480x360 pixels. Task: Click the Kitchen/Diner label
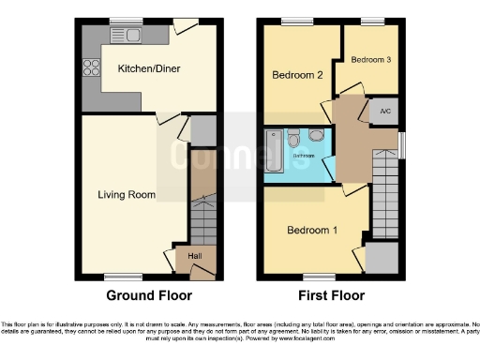click(x=148, y=68)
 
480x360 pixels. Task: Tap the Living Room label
click(x=127, y=195)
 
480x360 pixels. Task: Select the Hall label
click(x=195, y=255)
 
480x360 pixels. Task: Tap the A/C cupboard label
click(x=385, y=111)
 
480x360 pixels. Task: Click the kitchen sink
click(x=127, y=35)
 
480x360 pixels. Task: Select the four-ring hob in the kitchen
click(x=93, y=67)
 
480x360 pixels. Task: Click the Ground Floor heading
click(x=149, y=295)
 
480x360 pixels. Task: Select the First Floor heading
click(x=331, y=295)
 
